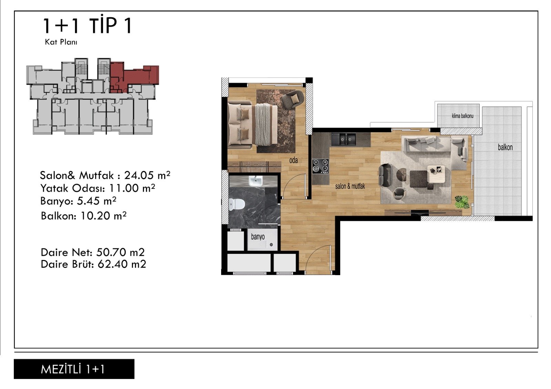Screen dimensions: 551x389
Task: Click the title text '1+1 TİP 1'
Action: point(87,26)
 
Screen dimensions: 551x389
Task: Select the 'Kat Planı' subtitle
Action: point(61,42)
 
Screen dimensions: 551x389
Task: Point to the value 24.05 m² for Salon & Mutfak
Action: point(147,175)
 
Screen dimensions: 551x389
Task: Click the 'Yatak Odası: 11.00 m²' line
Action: point(98,188)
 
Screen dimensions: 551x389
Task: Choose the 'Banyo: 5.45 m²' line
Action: point(78,201)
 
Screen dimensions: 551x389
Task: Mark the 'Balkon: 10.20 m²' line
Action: point(84,216)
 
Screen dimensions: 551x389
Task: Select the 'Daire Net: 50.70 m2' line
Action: point(93,252)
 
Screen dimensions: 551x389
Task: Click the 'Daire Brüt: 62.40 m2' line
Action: point(93,264)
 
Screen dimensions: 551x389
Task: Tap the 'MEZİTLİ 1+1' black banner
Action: point(74,369)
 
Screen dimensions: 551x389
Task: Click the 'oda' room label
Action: point(293,161)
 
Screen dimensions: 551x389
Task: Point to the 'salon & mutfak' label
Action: point(350,186)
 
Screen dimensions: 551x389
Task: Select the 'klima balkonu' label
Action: point(462,116)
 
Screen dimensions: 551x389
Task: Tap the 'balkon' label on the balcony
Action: point(505,147)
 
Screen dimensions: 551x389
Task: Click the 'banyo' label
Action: point(258,237)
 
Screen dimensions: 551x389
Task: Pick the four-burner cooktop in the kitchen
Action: point(321,166)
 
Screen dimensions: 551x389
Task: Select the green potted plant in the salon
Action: point(462,202)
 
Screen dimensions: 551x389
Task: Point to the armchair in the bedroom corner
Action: point(292,99)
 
